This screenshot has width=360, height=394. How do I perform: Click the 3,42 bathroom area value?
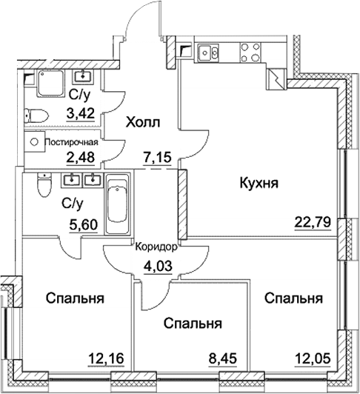pos(81,114)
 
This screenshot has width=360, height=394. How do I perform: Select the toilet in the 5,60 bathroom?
pos(44,185)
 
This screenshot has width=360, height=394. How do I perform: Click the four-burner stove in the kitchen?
pos(242,53)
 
